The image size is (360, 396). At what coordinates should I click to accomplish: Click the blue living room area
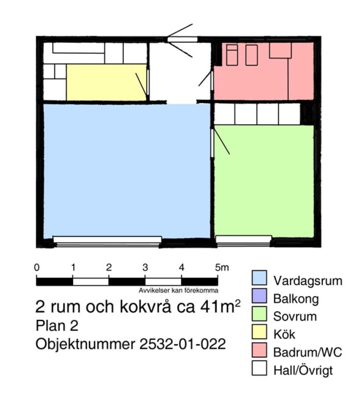click(127, 170)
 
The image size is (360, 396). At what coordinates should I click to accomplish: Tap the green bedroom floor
click(264, 181)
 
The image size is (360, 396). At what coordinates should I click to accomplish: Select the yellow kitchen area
click(107, 82)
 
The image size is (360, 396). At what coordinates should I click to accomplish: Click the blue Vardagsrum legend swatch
click(259, 278)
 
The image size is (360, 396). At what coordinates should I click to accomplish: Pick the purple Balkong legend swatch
click(259, 296)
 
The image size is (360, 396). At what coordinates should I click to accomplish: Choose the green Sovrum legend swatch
click(259, 314)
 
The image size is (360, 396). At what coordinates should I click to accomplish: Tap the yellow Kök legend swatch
click(259, 332)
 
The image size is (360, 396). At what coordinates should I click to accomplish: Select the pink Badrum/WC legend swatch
click(259, 350)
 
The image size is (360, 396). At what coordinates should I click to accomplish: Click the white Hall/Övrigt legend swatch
click(259, 368)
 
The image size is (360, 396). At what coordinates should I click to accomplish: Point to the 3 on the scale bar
click(145, 268)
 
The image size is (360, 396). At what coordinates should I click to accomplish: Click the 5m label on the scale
click(222, 268)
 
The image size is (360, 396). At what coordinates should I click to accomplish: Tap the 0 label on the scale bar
click(37, 268)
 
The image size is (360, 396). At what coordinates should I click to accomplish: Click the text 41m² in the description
click(220, 307)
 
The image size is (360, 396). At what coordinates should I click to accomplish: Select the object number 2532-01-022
click(182, 344)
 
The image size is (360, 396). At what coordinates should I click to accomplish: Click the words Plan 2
click(57, 326)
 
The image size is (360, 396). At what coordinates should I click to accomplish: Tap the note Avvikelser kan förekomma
click(178, 290)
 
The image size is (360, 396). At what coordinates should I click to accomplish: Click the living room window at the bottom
click(107, 241)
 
